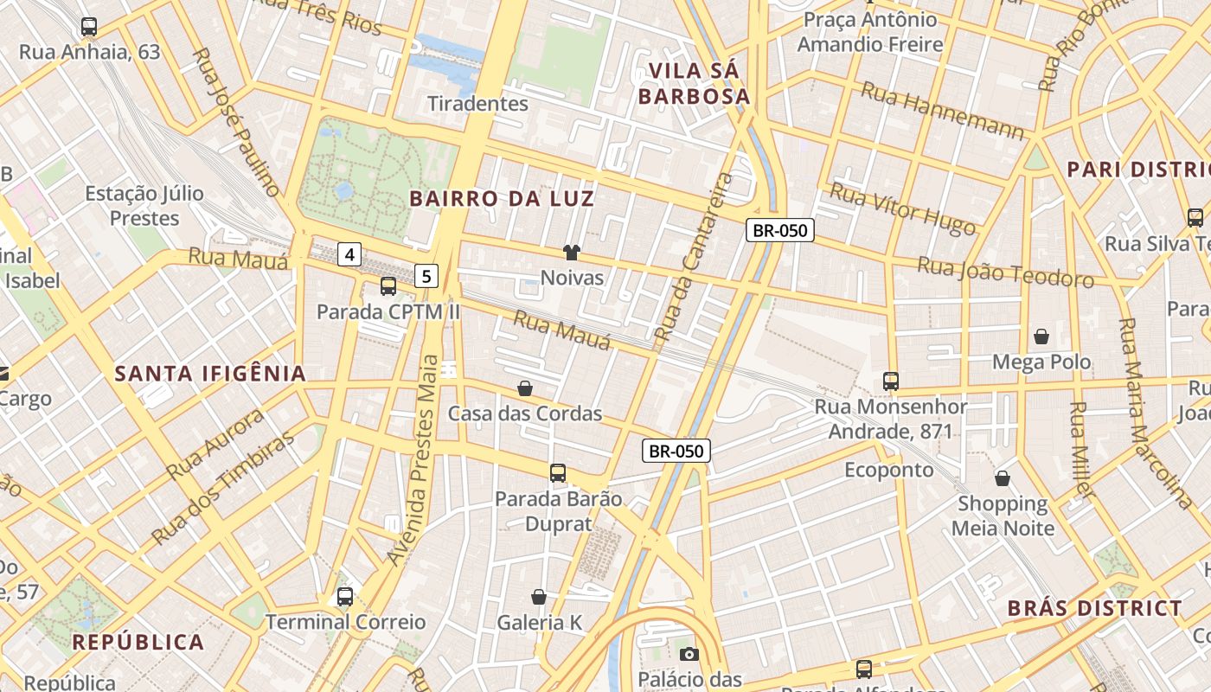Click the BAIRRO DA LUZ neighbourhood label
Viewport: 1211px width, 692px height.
tap(502, 199)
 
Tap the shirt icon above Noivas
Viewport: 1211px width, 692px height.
tap(572, 253)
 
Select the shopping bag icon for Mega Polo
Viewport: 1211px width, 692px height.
tap(1041, 336)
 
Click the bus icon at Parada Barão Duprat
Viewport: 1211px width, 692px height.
tap(558, 473)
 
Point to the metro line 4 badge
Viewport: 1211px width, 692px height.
tap(349, 254)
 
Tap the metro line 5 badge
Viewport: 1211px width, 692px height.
tap(426, 276)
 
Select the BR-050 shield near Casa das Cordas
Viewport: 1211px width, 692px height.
tap(676, 451)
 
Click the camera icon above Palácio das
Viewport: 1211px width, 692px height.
tap(689, 654)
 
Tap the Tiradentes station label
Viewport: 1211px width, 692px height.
tap(477, 104)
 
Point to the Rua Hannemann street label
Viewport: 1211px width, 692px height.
tap(943, 110)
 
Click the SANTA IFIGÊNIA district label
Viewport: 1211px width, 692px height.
tap(211, 374)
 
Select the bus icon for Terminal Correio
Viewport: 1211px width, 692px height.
tap(345, 596)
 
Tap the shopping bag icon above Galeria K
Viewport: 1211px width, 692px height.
tap(539, 597)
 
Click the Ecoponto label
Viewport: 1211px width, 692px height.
tap(889, 470)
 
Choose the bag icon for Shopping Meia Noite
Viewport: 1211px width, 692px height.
tap(1003, 477)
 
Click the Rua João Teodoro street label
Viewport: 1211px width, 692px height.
tap(1005, 272)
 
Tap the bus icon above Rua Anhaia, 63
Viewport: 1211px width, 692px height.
tap(89, 27)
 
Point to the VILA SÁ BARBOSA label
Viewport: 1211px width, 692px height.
tap(695, 83)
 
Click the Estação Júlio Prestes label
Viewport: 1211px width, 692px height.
tap(144, 205)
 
